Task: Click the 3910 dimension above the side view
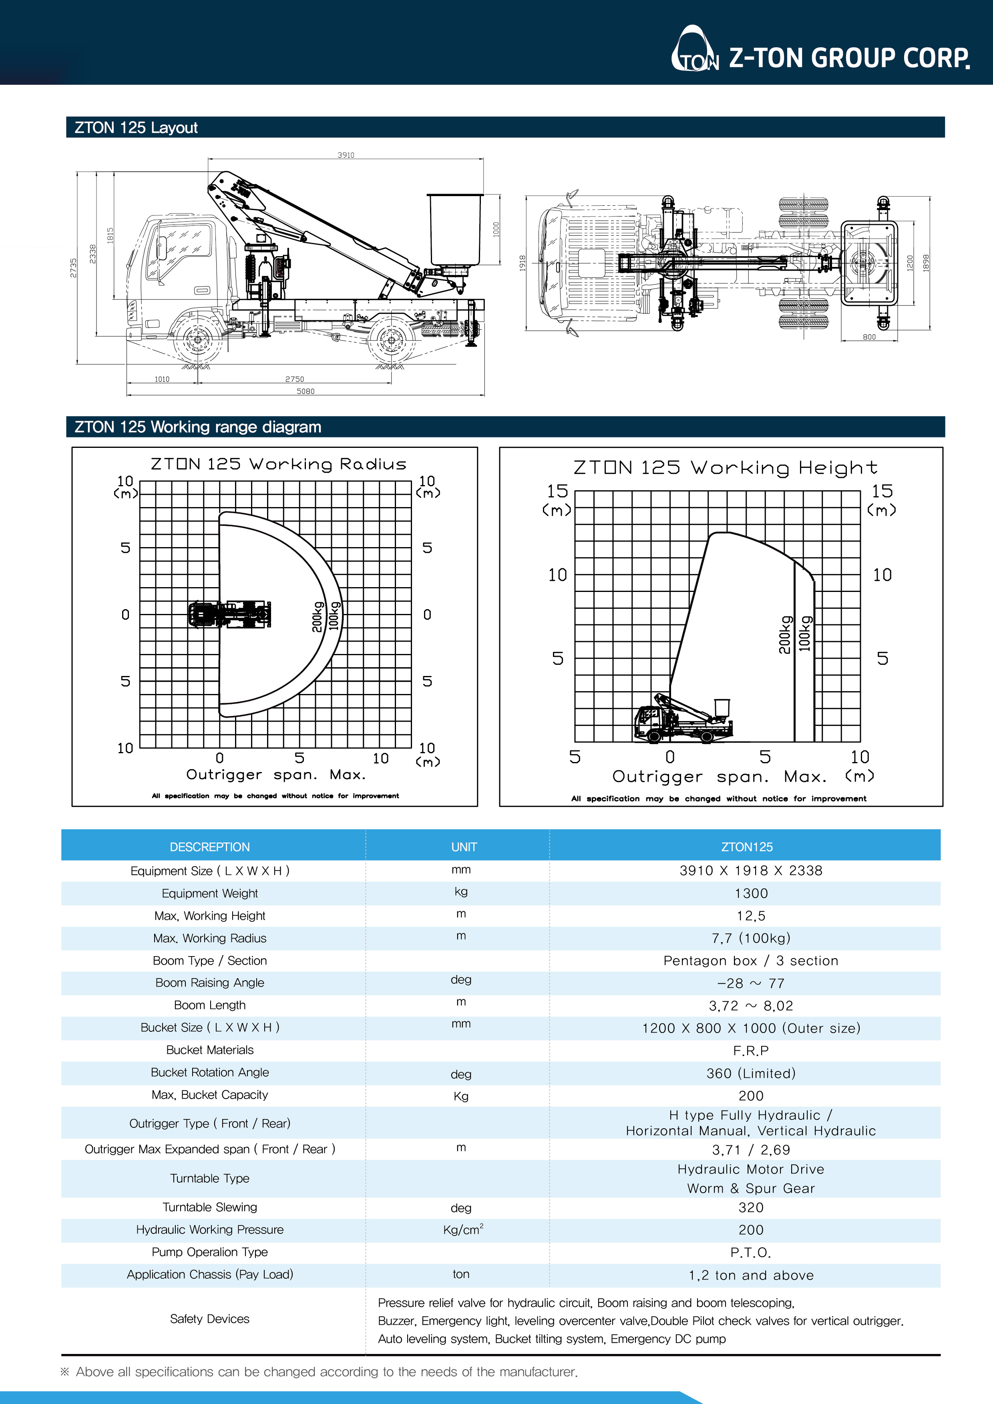pos(346,155)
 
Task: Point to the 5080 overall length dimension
pos(305,391)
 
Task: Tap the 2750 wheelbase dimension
pos(294,379)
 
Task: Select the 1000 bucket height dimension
pos(496,229)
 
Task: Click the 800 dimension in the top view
pos(869,337)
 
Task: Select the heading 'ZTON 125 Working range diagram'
pos(198,427)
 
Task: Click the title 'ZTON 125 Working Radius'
pos(278,464)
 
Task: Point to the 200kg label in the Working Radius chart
pos(317,616)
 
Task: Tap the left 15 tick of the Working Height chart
pos(557,491)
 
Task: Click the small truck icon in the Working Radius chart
pos(229,615)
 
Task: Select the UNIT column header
pos(464,847)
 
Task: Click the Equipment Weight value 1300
pos(751,893)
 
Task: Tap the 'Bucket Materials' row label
pos(210,1050)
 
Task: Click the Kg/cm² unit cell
pos(463,1230)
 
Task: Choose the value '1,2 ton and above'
pos(751,1275)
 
